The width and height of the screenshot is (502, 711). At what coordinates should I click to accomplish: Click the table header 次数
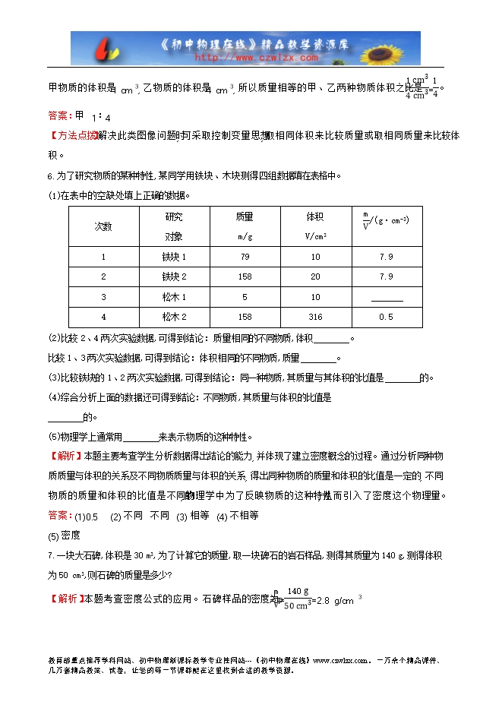[x=103, y=226]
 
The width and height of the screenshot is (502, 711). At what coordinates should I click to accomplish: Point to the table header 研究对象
[x=174, y=226]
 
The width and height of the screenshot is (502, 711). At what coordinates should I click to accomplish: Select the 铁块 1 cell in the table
[x=174, y=257]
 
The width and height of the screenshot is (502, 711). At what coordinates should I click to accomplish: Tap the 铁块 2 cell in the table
[x=174, y=276]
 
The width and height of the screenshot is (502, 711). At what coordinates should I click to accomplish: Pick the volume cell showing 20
[x=315, y=276]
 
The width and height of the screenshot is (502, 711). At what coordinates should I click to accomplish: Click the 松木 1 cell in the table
[x=174, y=297]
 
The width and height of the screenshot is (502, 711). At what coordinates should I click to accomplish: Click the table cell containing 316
[x=315, y=317]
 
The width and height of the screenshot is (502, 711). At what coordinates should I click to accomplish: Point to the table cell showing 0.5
[x=386, y=317]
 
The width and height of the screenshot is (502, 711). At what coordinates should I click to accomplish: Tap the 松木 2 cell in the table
[x=174, y=317]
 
